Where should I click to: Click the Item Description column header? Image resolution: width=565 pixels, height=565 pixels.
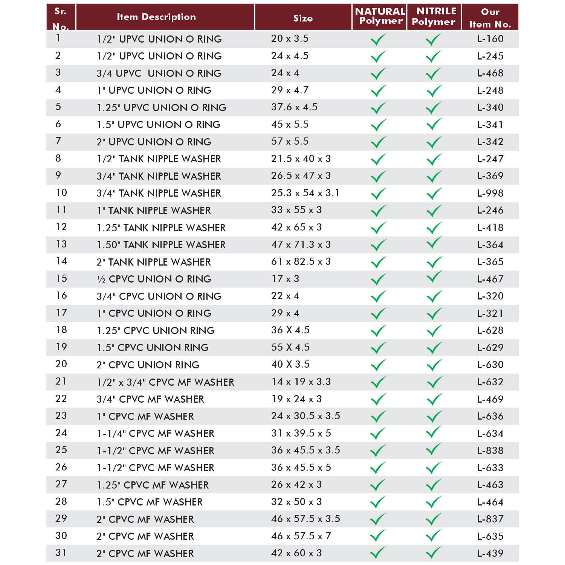click(156, 17)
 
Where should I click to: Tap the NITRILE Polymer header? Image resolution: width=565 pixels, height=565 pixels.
click(434, 17)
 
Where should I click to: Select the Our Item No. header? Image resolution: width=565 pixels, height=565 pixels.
click(490, 18)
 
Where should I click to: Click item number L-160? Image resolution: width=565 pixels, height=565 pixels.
click(490, 39)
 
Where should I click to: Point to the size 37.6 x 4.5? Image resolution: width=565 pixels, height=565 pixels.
click(294, 107)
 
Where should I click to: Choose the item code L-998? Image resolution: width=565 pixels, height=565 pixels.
click(490, 193)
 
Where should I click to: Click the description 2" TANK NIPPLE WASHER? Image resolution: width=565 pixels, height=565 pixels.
click(154, 262)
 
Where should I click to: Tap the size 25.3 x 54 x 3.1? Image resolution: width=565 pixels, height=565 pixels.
click(305, 193)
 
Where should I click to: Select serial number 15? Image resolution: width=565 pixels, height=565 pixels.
click(61, 279)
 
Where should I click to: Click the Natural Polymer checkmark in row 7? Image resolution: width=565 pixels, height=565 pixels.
click(379, 142)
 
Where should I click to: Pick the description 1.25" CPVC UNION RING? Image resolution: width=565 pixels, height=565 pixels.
click(156, 331)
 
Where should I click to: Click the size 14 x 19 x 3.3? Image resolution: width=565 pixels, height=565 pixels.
click(301, 382)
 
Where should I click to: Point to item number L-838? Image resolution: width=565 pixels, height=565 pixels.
click(490, 450)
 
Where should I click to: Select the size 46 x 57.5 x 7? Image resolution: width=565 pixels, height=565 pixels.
click(301, 536)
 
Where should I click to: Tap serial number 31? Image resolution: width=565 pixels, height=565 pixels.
click(61, 553)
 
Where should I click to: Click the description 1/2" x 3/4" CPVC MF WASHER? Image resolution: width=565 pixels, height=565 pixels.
click(165, 382)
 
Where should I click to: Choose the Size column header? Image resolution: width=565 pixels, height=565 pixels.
click(303, 18)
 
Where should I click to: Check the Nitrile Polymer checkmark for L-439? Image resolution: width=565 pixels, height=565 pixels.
click(434, 553)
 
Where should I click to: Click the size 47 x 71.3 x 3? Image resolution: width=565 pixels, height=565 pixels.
click(301, 245)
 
